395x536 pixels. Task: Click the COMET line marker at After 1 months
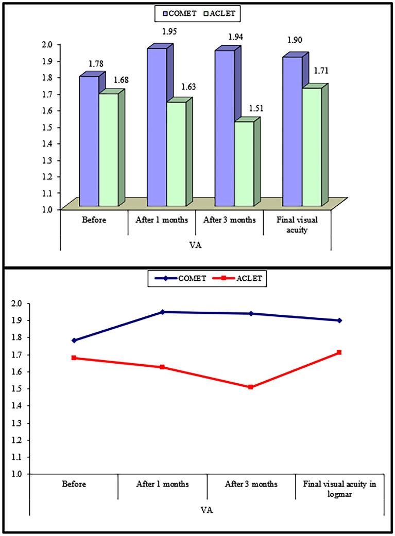[163, 312]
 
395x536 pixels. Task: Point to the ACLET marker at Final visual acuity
[339, 352]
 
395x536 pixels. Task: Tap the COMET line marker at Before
[74, 341]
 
